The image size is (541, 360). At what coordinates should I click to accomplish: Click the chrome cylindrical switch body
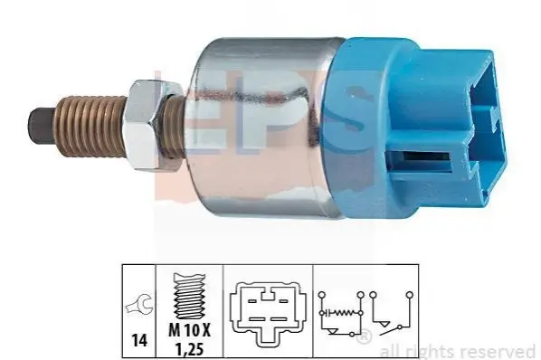click(x=262, y=128)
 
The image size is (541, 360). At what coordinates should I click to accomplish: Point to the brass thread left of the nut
click(x=90, y=126)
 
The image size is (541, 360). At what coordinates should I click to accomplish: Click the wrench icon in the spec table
click(x=138, y=303)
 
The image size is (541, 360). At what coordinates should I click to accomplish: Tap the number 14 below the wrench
click(x=139, y=341)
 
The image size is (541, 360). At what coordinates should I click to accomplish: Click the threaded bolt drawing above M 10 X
click(x=189, y=296)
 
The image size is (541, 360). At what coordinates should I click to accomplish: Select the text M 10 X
click(x=189, y=331)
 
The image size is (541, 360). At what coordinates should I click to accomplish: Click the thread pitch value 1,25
click(x=189, y=349)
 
